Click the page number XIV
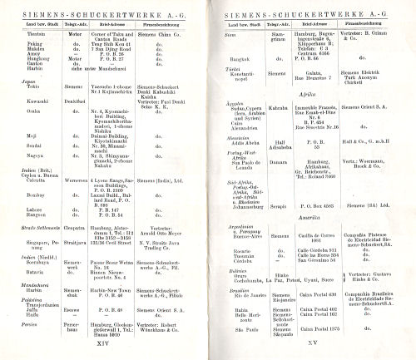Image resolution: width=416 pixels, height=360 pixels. coord(103,341)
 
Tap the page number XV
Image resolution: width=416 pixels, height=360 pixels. coord(312,341)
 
